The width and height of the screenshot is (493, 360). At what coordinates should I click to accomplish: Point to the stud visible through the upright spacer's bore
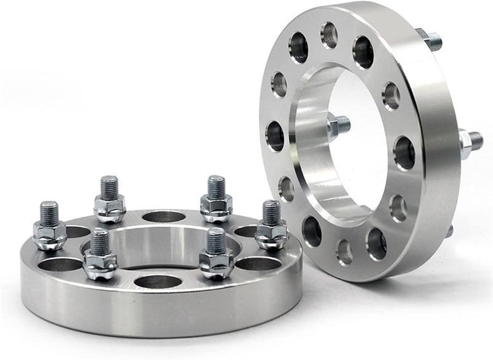point(338,126)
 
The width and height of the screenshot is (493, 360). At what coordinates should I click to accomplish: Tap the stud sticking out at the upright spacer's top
point(431,40)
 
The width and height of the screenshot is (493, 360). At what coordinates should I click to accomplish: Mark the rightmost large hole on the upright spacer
point(404,153)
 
